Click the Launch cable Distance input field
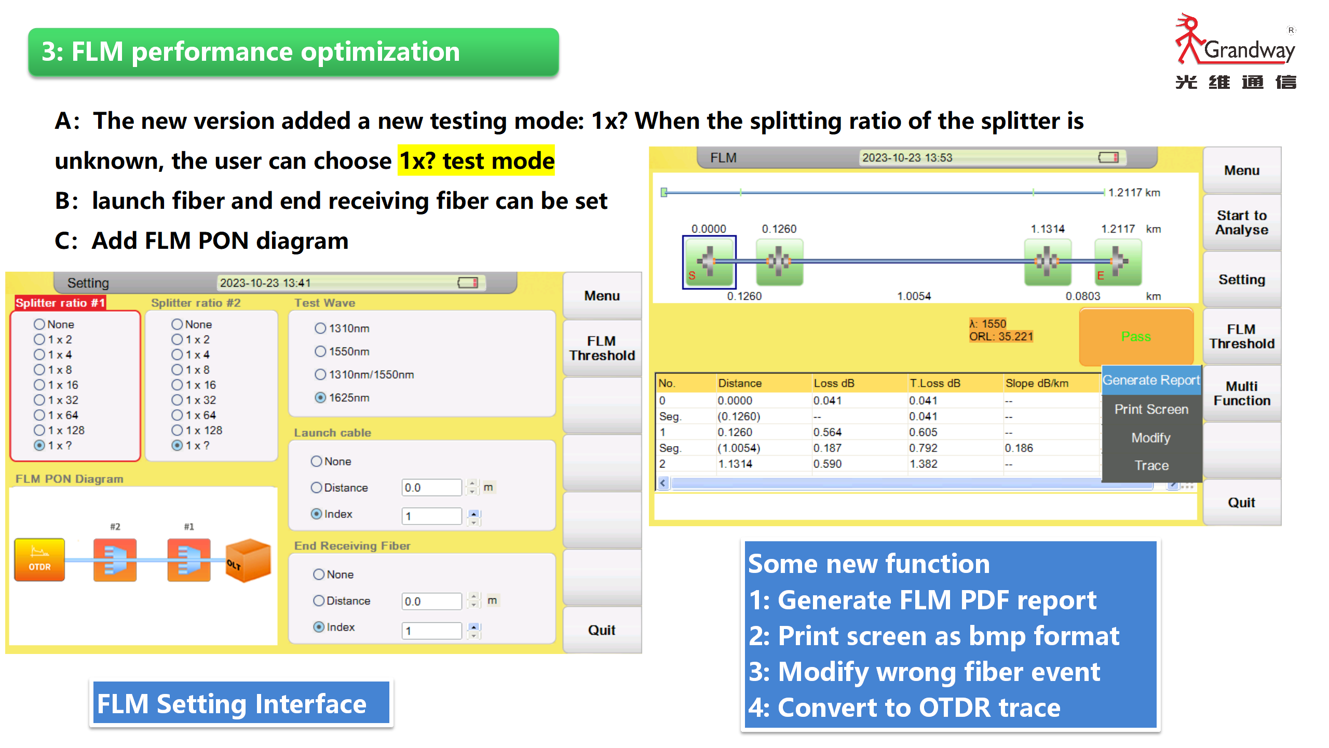[431, 487]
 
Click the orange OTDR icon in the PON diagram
[39, 559]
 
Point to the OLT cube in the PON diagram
[248, 560]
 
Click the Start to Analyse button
[1242, 222]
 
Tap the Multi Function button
[1242, 393]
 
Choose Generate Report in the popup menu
[1151, 380]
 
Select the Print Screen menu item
[1151, 409]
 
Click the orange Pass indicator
[1136, 337]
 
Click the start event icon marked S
[709, 262]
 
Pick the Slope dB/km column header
[1037, 383]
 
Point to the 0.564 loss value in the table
[828, 432]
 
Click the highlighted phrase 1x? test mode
[476, 161]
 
